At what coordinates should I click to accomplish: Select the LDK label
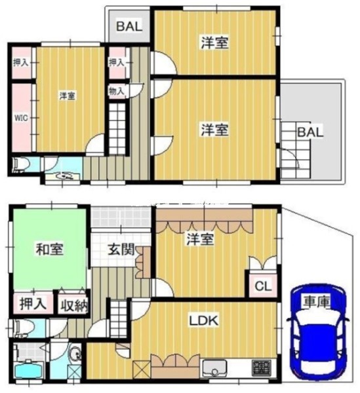203,320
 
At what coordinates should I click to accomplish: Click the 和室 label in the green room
49,249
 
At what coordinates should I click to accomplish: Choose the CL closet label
263,286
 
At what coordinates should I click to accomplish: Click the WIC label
21,118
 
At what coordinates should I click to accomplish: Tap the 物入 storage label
117,91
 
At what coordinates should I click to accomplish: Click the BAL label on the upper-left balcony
129,26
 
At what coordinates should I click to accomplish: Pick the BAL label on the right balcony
310,132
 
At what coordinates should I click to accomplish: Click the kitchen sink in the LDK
214,368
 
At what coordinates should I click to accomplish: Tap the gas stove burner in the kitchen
261,367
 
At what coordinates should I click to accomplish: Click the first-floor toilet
24,328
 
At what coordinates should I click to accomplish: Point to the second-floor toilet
22,164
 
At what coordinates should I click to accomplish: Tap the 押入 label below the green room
33,304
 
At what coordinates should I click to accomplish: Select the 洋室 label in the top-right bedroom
214,43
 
